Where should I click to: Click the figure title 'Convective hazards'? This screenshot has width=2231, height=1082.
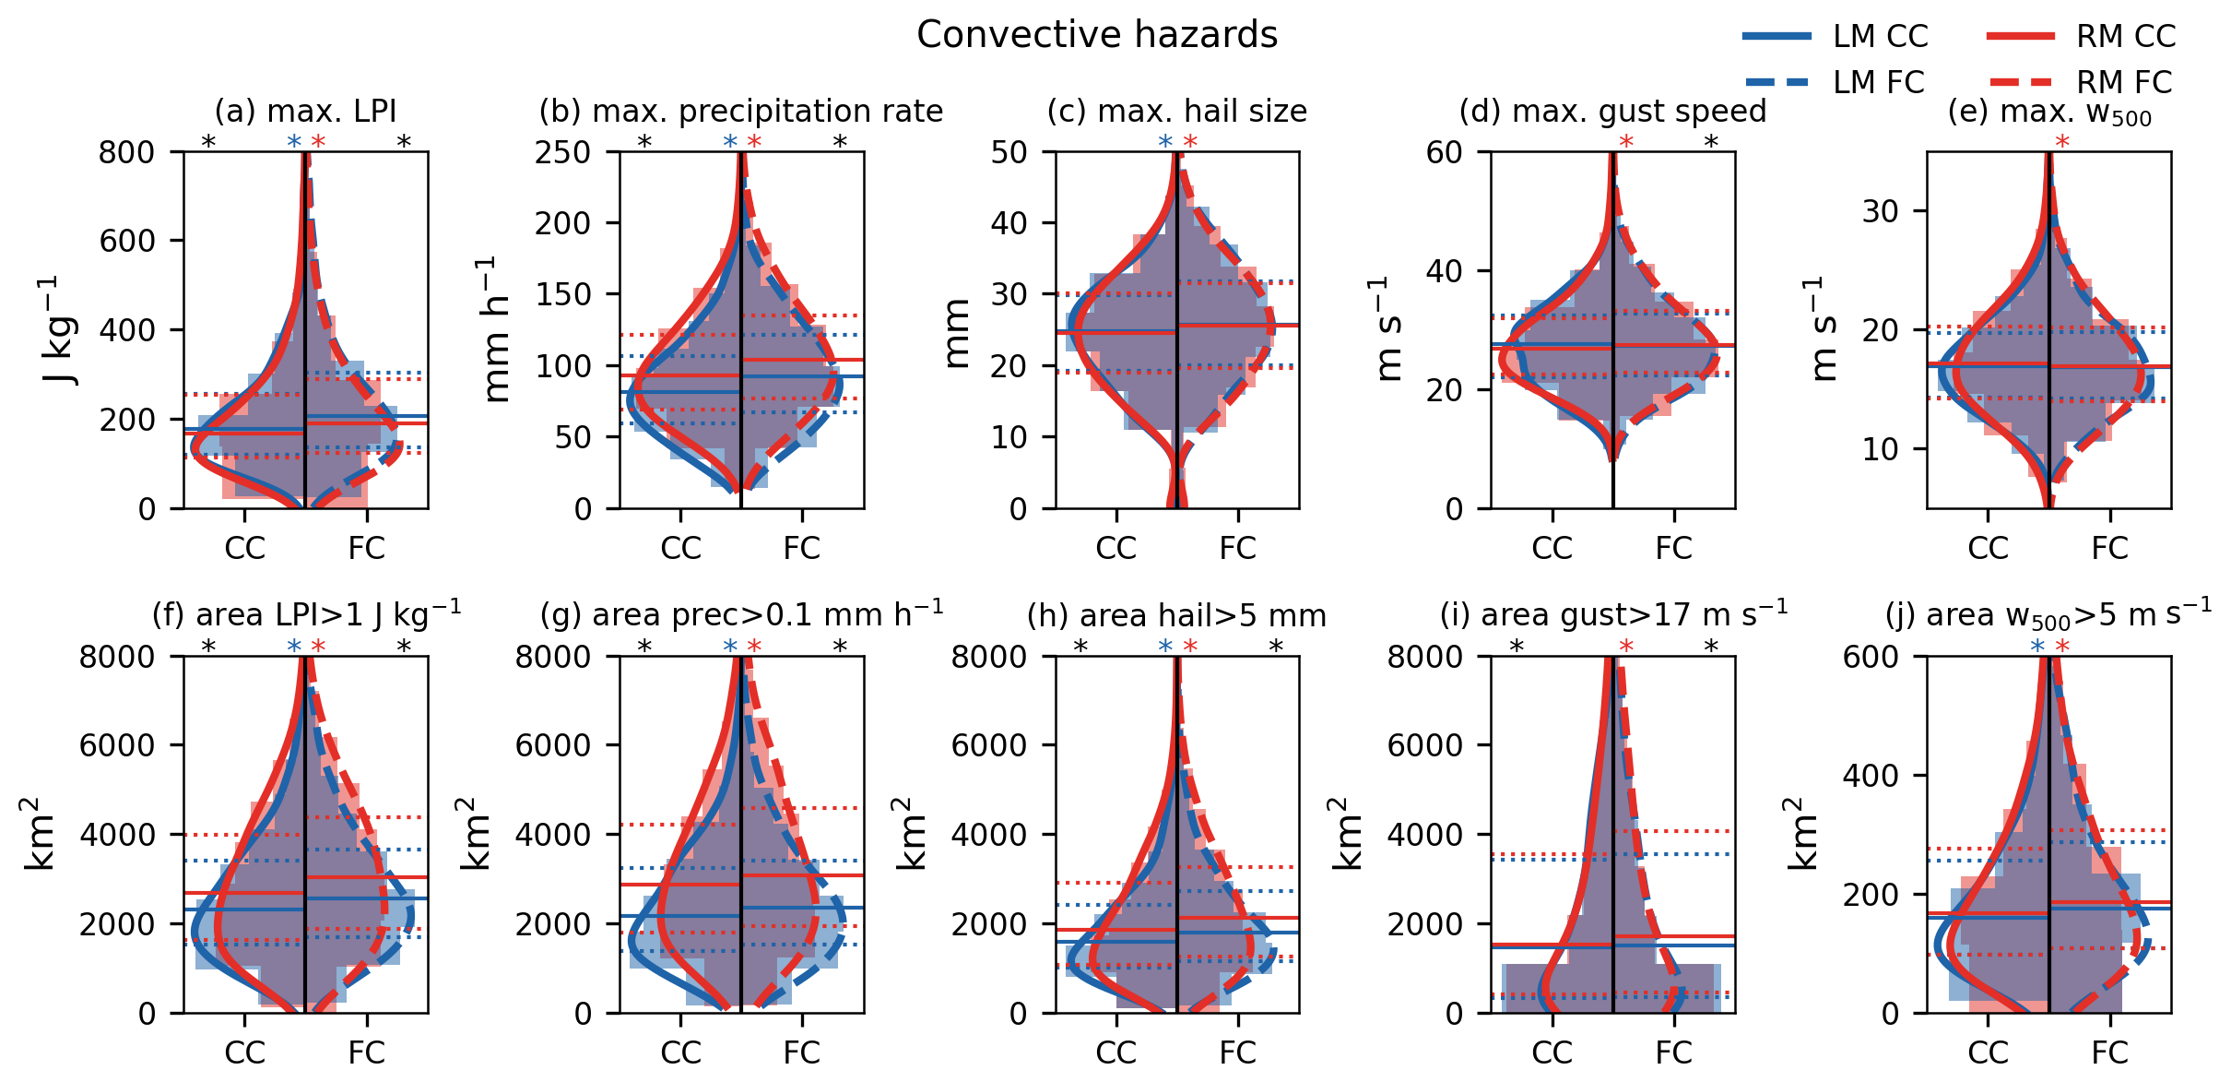pyautogui.click(x=1097, y=35)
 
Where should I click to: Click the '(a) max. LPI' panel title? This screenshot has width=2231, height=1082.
pyautogui.click(x=305, y=111)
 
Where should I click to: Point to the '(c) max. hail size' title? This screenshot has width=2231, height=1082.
pyautogui.click(x=1176, y=111)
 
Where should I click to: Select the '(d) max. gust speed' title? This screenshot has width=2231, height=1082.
pyautogui.click(x=1612, y=111)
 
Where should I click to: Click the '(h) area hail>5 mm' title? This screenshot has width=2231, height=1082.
pyautogui.click(x=1176, y=615)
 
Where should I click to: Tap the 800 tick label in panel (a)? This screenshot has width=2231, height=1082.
pyautogui.click(x=126, y=152)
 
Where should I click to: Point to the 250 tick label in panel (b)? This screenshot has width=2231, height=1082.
pyautogui.click(x=562, y=152)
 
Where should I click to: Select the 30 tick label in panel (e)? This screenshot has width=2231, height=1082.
pyautogui.click(x=1880, y=211)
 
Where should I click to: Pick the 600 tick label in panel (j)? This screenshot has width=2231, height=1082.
pyautogui.click(x=1871, y=657)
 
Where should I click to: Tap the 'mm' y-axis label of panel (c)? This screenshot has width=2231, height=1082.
pyautogui.click(x=957, y=333)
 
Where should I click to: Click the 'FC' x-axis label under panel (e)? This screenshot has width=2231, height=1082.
pyautogui.click(x=2109, y=548)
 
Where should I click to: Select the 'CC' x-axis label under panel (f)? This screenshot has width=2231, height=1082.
pyautogui.click(x=244, y=1052)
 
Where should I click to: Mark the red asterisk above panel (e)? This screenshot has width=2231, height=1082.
pyautogui.click(x=2062, y=142)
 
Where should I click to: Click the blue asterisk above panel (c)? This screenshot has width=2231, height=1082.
pyautogui.click(x=1165, y=142)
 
